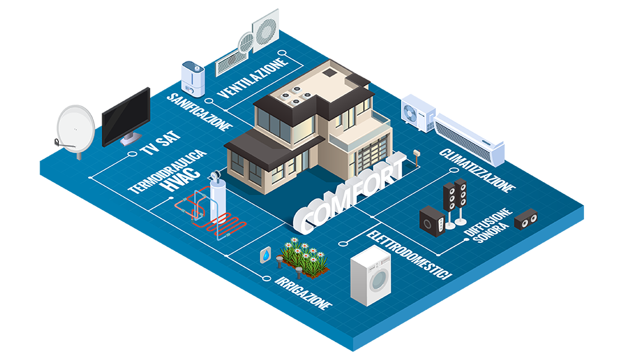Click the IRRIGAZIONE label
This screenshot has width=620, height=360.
coord(303,291)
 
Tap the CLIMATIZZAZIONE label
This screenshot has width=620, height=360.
coord(477,169)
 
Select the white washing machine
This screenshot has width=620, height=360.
coord(371,276)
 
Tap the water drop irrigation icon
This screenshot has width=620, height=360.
coord(266,255)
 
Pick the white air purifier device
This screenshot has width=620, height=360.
coord(193,78)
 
